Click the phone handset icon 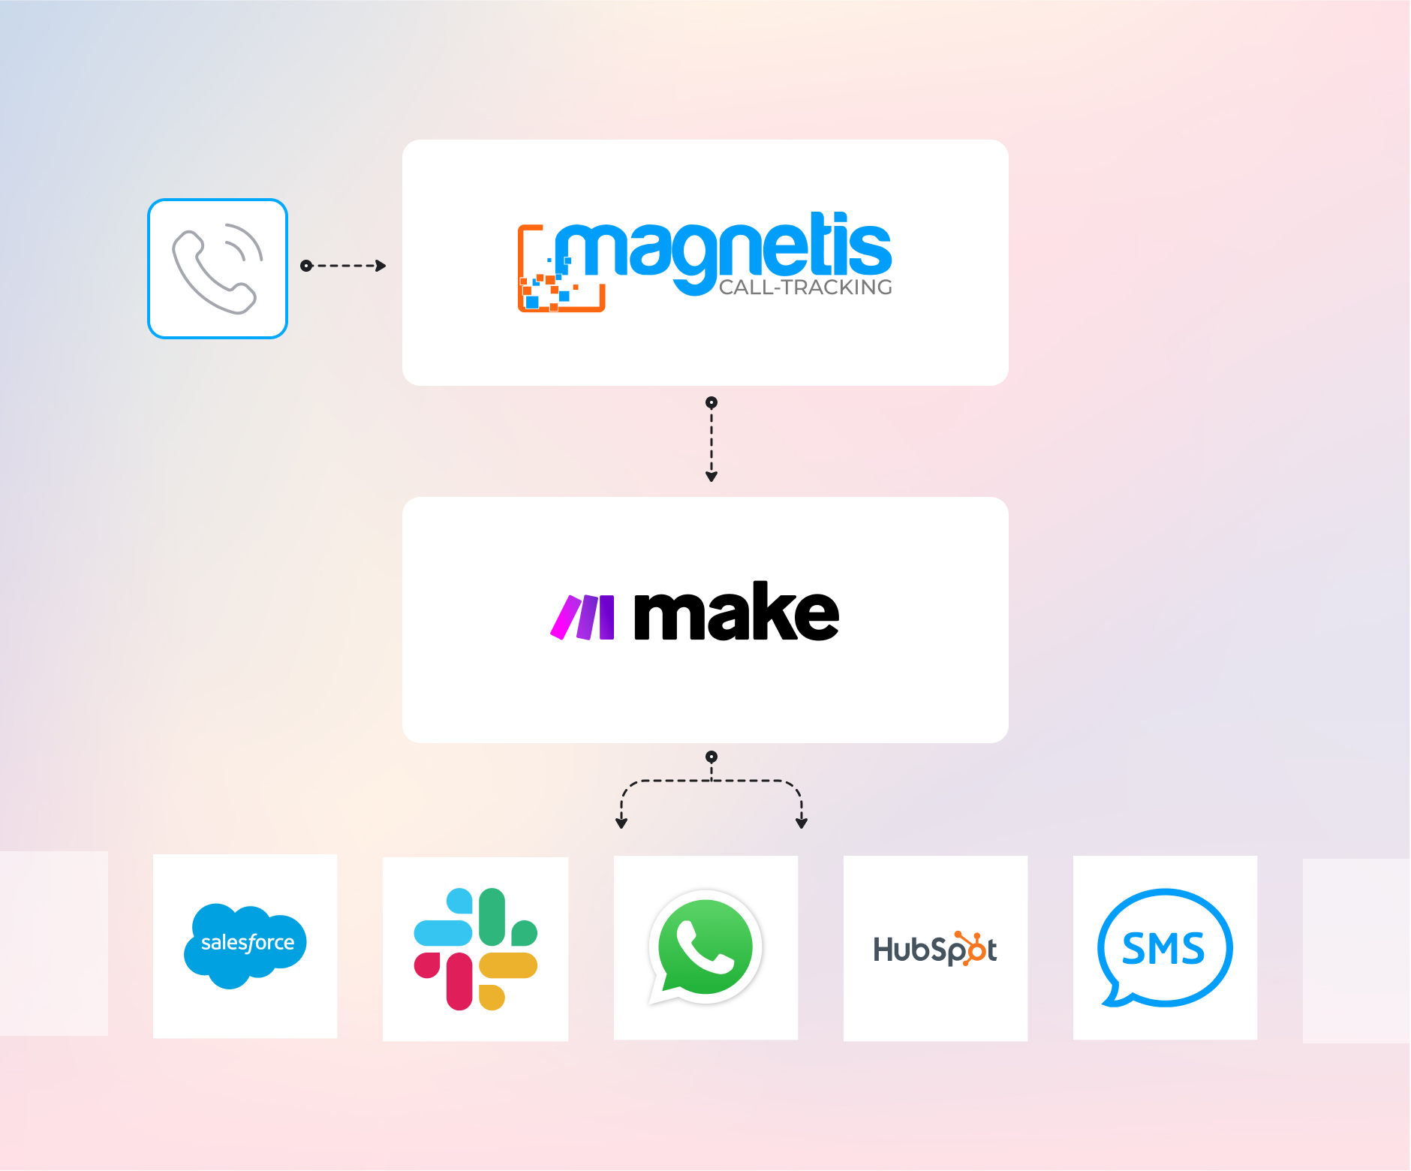[217, 269]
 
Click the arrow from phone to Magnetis [345, 266]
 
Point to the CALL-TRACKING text [805, 287]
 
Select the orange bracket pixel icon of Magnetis [552, 281]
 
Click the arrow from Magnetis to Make [712, 443]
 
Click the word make [736, 613]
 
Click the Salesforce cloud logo [245, 945]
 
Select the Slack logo [476, 949]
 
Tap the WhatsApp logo [705, 947]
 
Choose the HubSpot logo [935, 949]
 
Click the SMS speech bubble [1164, 947]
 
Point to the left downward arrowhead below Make [621, 823]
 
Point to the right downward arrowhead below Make [802, 823]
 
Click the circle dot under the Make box [712, 757]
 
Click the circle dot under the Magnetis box [712, 402]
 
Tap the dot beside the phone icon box [306, 266]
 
